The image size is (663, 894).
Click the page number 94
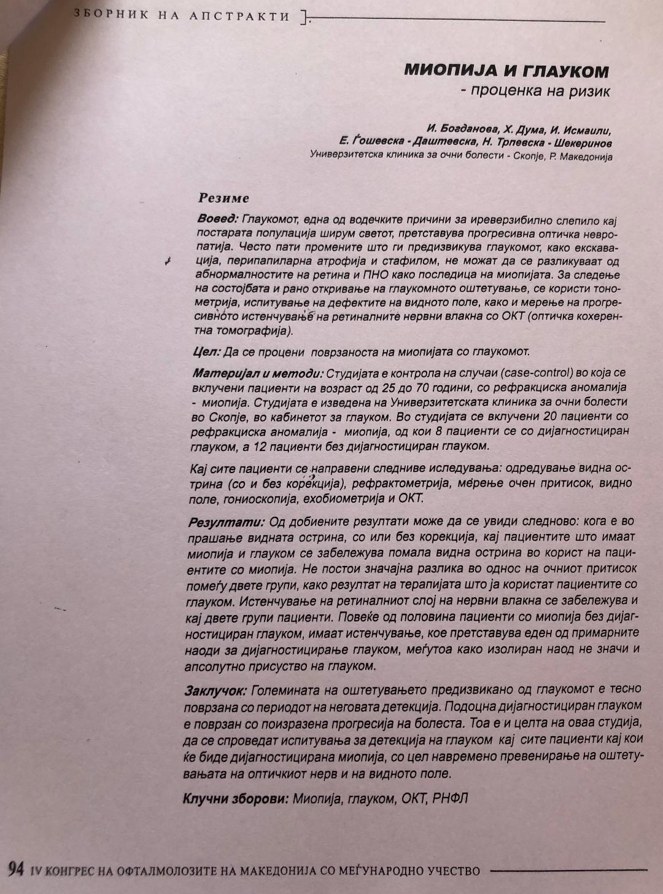point(16,868)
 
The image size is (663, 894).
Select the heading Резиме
point(223,198)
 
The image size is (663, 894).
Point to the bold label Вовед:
point(217,219)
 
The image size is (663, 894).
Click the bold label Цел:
point(206,351)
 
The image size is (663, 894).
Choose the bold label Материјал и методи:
point(258,373)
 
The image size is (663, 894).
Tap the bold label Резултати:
point(226,522)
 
